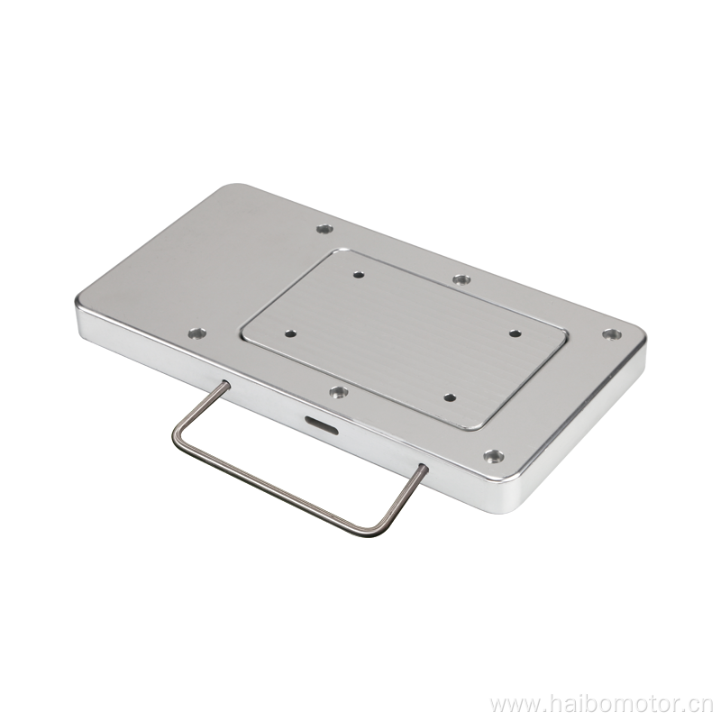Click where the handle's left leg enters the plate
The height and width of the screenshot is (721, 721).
(x=225, y=384)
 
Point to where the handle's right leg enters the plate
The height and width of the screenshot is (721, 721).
(x=424, y=469)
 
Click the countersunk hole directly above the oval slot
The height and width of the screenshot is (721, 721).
(x=338, y=392)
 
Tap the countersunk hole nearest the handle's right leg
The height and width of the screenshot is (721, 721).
(x=493, y=457)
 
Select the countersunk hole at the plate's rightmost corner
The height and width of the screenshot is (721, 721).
(x=612, y=334)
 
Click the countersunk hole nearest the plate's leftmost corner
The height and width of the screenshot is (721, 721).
(x=197, y=332)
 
